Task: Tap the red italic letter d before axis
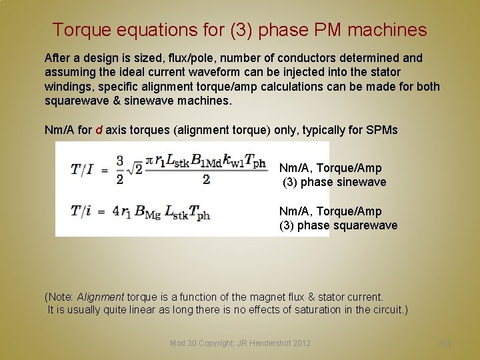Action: point(99,130)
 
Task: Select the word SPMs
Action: point(382,130)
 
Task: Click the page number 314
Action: point(445,343)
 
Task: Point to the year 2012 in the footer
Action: point(300,343)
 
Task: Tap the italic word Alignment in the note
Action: point(100,297)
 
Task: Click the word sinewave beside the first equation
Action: point(363,182)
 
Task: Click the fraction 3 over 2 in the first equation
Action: point(120,169)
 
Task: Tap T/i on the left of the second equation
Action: point(83,212)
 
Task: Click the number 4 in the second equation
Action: point(116,212)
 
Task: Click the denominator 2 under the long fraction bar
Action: point(206,179)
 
